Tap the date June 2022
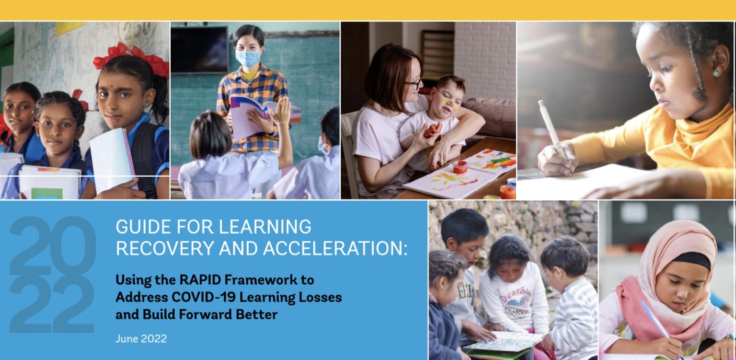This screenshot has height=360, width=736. (x=141, y=338)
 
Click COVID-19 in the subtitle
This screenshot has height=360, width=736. (x=203, y=297)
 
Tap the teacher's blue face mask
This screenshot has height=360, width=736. (x=247, y=58)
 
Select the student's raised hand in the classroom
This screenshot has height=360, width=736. (x=282, y=110)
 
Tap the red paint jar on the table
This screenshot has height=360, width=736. (x=460, y=167)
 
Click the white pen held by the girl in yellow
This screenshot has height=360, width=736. (x=552, y=129)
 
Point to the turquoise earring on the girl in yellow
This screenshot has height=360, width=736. (x=716, y=73)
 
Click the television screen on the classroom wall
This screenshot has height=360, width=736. (x=199, y=50)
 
